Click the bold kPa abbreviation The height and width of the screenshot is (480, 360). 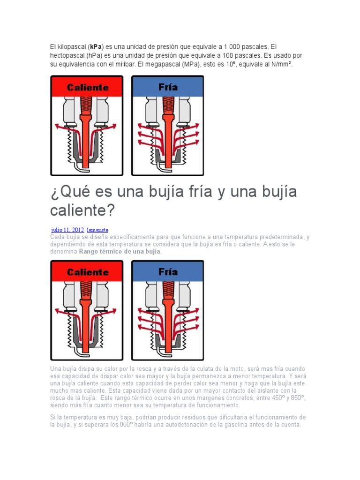(x=96, y=47)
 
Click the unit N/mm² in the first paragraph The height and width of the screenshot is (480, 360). (x=281, y=64)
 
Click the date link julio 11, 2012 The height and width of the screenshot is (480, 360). (x=67, y=230)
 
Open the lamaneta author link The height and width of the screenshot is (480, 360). (x=97, y=230)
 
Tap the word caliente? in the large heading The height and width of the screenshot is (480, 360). (x=82, y=210)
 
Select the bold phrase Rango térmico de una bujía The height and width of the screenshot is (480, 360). (x=120, y=252)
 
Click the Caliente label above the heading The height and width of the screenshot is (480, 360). (x=88, y=88)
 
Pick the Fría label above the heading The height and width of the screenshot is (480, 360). (x=168, y=87)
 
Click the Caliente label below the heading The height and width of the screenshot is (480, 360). (x=88, y=272)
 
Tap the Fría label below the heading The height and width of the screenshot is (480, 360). (x=168, y=271)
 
